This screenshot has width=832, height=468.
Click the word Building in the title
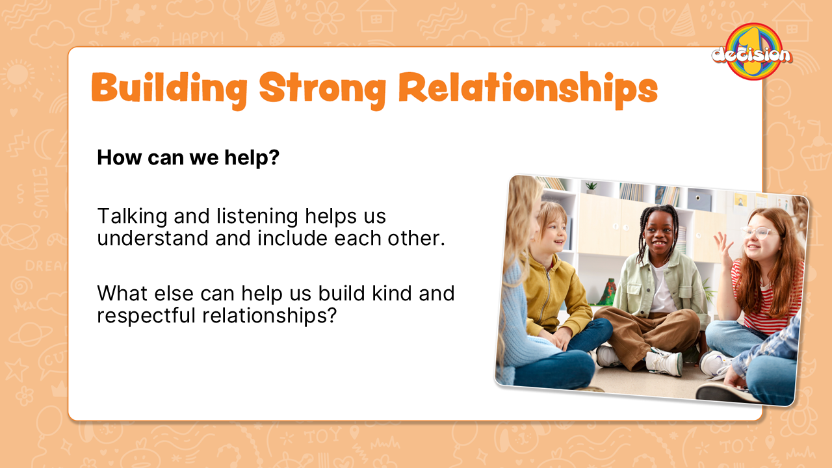pyautogui.click(x=169, y=88)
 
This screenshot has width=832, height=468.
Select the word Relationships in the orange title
pyautogui.click(x=528, y=89)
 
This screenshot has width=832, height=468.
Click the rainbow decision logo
pyautogui.click(x=752, y=51)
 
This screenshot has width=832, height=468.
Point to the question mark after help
pyautogui.click(x=274, y=157)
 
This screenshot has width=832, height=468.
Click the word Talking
pyautogui.click(x=132, y=217)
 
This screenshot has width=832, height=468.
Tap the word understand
pyautogui.click(x=153, y=238)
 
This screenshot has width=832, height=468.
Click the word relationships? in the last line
pyautogui.click(x=269, y=316)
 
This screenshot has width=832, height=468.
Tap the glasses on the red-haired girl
pyautogui.click(x=760, y=233)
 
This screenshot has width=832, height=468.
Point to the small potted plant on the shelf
pyautogui.click(x=591, y=188)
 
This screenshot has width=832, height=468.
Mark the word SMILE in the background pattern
pyautogui.click(x=41, y=193)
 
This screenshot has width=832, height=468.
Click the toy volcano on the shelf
pyautogui.click(x=609, y=292)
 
